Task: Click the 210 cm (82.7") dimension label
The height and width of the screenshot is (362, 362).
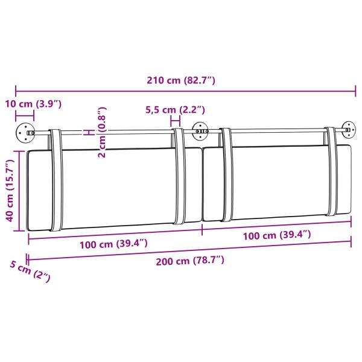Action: [x=181, y=80]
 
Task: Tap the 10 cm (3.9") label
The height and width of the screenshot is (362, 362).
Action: [x=33, y=104]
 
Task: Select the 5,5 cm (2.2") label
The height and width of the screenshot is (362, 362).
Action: [x=175, y=110]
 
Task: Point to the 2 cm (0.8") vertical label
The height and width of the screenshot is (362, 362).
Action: [x=102, y=132]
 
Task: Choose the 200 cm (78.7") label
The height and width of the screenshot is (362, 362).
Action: [x=190, y=261]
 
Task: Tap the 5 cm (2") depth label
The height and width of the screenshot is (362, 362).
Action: [x=30, y=271]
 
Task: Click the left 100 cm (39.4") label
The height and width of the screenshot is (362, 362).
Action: [x=113, y=244]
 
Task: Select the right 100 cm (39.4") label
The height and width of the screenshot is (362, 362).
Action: [x=277, y=235]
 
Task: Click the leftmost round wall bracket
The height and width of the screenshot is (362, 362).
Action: [x=25, y=133]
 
